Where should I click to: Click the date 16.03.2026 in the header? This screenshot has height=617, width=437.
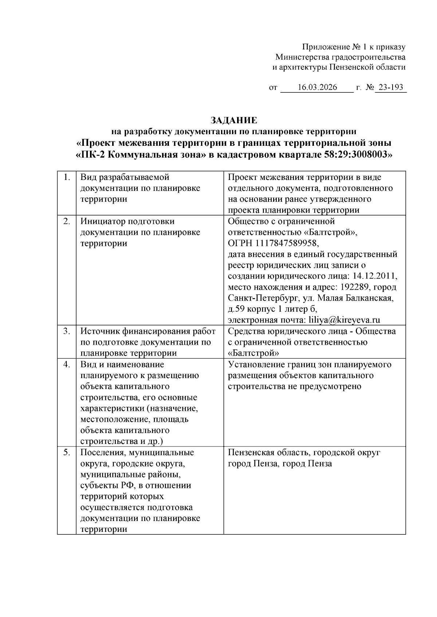point(317,88)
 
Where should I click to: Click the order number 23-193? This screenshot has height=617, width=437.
point(391,88)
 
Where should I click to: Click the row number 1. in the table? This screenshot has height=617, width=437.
point(67,177)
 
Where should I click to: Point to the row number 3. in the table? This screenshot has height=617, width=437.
point(67,331)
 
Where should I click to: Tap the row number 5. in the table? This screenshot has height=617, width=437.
point(67,453)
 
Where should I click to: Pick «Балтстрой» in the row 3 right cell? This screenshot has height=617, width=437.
point(253,353)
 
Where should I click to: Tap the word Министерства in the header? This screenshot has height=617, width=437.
point(302,57)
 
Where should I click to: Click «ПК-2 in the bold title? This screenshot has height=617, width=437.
point(91,155)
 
